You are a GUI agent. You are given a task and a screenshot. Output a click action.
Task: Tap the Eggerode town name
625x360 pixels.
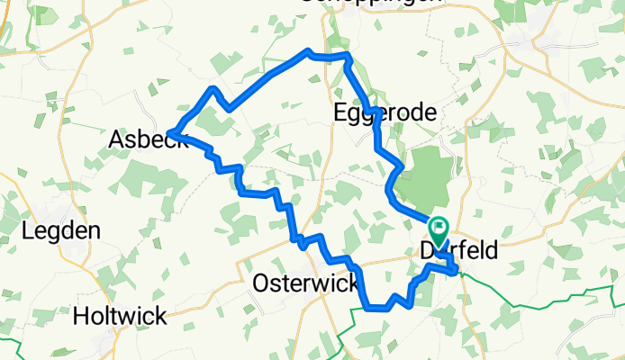click(x=385, y=113)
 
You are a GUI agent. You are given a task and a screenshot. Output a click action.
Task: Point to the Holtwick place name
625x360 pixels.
click(x=119, y=316)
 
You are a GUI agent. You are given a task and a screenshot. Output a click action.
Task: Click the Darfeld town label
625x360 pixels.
click(x=457, y=253)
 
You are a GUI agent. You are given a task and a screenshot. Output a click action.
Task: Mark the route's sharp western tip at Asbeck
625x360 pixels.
click(x=169, y=135)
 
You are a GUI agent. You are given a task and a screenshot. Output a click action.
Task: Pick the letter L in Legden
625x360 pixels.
click(x=28, y=230)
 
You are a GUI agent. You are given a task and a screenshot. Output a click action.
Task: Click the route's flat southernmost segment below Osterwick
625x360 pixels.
click(x=378, y=308)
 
